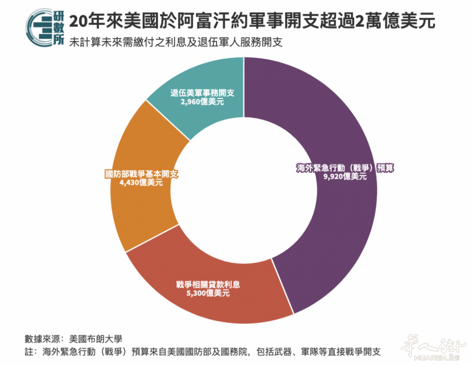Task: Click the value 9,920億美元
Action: point(345,177)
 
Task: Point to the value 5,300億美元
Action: point(208,293)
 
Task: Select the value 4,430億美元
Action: point(142,182)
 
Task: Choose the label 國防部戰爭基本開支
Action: point(142,174)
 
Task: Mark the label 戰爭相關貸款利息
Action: point(208,284)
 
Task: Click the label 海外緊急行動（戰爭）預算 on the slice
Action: point(345,168)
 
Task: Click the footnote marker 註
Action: point(29,352)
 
